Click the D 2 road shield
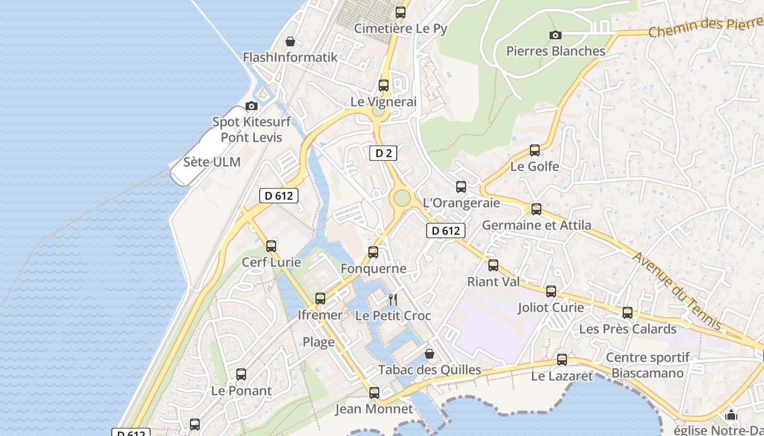click(384, 153)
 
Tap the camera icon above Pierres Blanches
click(555, 35)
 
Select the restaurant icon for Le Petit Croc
click(392, 299)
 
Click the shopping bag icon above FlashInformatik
click(290, 41)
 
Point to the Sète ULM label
click(212, 162)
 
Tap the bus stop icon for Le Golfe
click(535, 150)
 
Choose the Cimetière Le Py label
click(401, 28)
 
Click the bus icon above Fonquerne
click(373, 252)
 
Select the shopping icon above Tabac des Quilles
click(429, 354)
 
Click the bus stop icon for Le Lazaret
click(562, 360)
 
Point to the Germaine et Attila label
click(536, 225)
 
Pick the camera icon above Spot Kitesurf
click(252, 106)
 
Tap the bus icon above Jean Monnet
click(374, 392)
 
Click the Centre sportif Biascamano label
click(648, 365)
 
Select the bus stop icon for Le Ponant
click(241, 374)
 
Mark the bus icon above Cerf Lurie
click(271, 246)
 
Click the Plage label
click(319, 342)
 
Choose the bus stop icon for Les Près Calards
click(628, 313)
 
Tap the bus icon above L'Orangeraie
click(461, 187)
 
